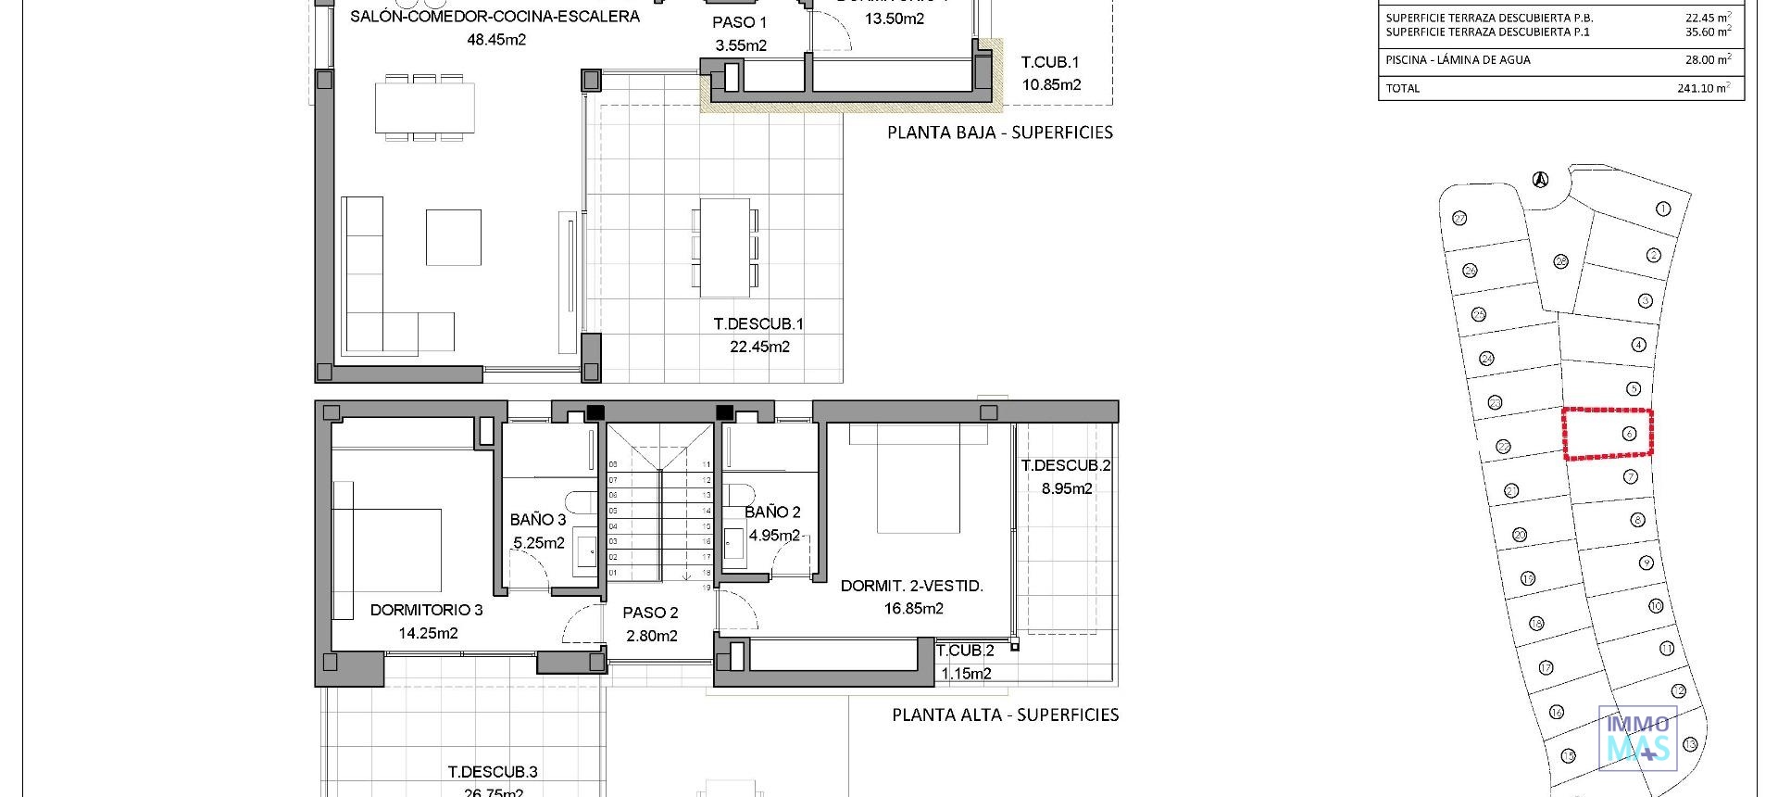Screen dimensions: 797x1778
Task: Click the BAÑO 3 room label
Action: pyautogui.click(x=537, y=520)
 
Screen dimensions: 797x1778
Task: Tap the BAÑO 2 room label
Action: pyautogui.click(x=771, y=512)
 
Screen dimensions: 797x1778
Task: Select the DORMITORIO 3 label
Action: pyautogui.click(x=426, y=610)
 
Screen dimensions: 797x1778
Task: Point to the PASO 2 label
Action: pyautogui.click(x=650, y=613)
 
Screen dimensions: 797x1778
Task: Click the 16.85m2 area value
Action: pyautogui.click(x=913, y=609)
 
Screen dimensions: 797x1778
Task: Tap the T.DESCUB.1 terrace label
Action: pyautogui.click(x=758, y=324)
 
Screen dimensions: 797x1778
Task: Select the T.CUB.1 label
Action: pyautogui.click(x=1050, y=62)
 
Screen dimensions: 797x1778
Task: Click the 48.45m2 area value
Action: pyautogui.click(x=496, y=40)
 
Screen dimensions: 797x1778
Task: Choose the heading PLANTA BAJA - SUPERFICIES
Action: pyautogui.click(x=999, y=133)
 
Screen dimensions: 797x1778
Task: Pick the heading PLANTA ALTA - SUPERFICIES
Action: pyautogui.click(x=1005, y=715)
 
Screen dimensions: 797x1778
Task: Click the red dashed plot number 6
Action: pyautogui.click(x=1629, y=434)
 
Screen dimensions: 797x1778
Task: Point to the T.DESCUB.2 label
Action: pyautogui.click(x=1065, y=465)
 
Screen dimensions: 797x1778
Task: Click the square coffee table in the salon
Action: pyautogui.click(x=453, y=237)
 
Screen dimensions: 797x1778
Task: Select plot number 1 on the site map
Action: pyautogui.click(x=1662, y=209)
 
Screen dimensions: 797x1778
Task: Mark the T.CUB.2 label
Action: pyautogui.click(x=964, y=651)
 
